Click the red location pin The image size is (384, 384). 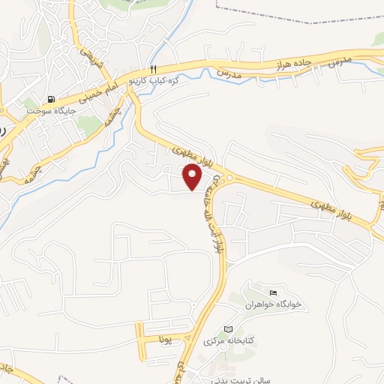[x=193, y=177]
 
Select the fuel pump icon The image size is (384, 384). [x=50, y=98]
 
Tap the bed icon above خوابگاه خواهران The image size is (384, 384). [x=272, y=292]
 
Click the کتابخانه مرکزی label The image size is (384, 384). [x=229, y=340]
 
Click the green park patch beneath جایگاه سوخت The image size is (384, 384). [x=90, y=127]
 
